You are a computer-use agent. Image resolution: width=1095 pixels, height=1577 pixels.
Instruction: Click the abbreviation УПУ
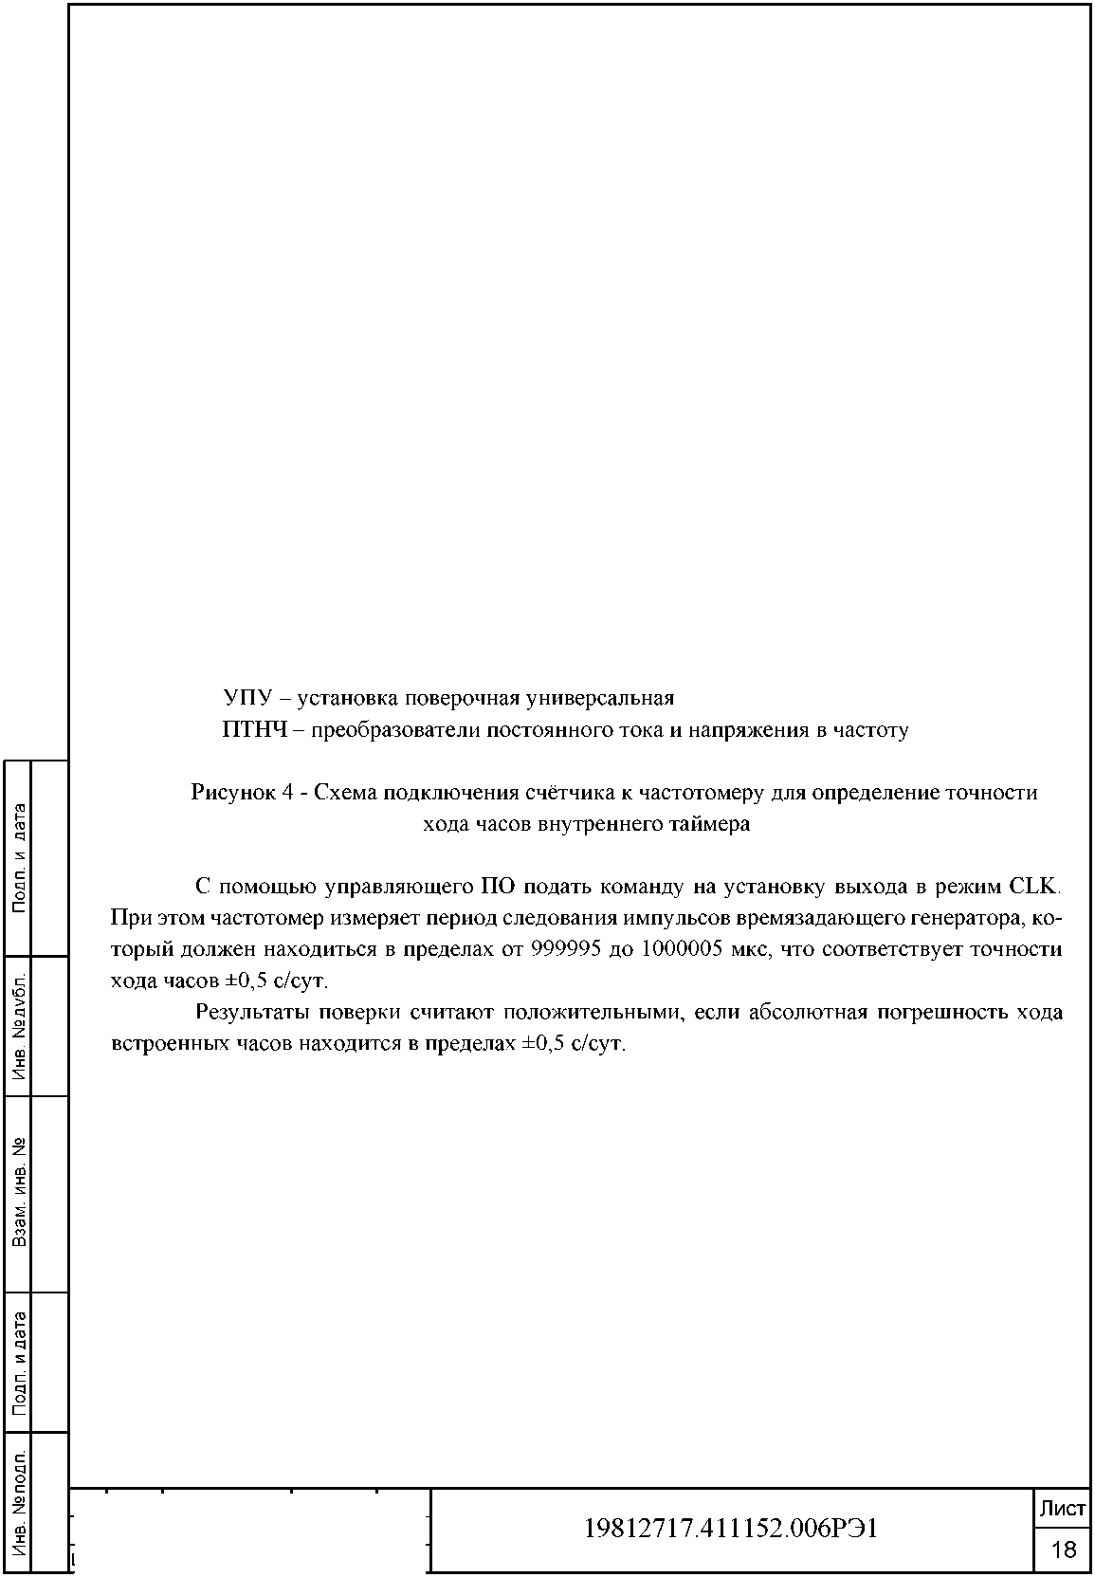246,699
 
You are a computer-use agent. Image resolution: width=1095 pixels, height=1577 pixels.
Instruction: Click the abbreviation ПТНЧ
253,730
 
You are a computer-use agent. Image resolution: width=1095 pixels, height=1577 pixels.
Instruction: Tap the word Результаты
250,1012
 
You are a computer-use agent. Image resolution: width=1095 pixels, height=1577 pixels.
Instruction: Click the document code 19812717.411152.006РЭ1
730,1528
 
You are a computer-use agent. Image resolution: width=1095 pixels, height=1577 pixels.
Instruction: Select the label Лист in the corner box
1063,1509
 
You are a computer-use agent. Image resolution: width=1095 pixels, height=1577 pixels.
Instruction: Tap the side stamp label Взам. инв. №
19,1193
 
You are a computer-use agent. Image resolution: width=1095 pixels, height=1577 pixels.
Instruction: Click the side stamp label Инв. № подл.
19,1502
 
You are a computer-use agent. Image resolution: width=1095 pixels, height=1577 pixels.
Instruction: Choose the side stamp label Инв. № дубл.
19,1026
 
